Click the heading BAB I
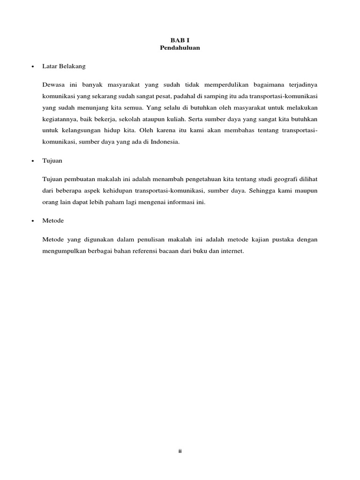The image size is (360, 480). pyautogui.click(x=180, y=40)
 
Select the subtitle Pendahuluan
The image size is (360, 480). pyautogui.click(x=180, y=48)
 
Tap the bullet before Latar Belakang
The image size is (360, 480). pyautogui.click(x=32, y=67)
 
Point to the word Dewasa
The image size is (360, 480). pyautogui.click(x=53, y=84)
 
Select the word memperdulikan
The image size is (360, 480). pyautogui.click(x=227, y=84)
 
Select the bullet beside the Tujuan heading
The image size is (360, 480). pyautogui.click(x=32, y=161)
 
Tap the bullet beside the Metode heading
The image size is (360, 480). pyautogui.click(x=32, y=221)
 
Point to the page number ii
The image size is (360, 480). pyautogui.click(x=180, y=451)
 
